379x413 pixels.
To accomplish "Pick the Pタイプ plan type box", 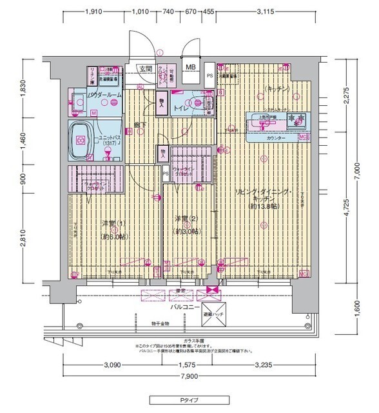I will click(189, 400).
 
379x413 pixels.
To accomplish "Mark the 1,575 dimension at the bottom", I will click(189, 365).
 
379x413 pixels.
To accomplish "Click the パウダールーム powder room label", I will click(104, 95).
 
